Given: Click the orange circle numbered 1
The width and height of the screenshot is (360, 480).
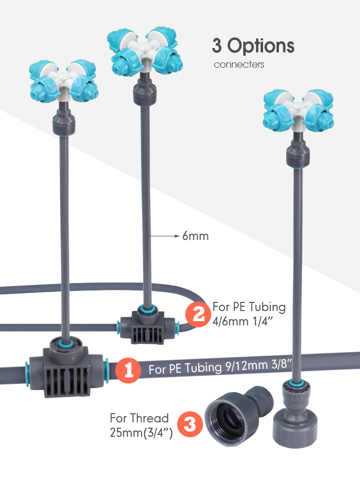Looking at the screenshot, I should (129, 370).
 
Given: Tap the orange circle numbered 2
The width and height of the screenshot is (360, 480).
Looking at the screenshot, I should (198, 314).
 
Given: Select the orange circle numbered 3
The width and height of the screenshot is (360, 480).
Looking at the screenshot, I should (190, 425).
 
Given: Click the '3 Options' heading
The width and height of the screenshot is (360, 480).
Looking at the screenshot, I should (253, 46).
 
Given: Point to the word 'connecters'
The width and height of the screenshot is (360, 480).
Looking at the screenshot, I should (239, 64).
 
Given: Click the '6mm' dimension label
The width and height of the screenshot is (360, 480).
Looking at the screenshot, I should (195, 236).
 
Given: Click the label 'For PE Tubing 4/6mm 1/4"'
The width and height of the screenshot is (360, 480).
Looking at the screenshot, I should (249, 314).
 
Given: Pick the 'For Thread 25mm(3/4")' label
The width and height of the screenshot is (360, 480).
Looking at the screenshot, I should (140, 425).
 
